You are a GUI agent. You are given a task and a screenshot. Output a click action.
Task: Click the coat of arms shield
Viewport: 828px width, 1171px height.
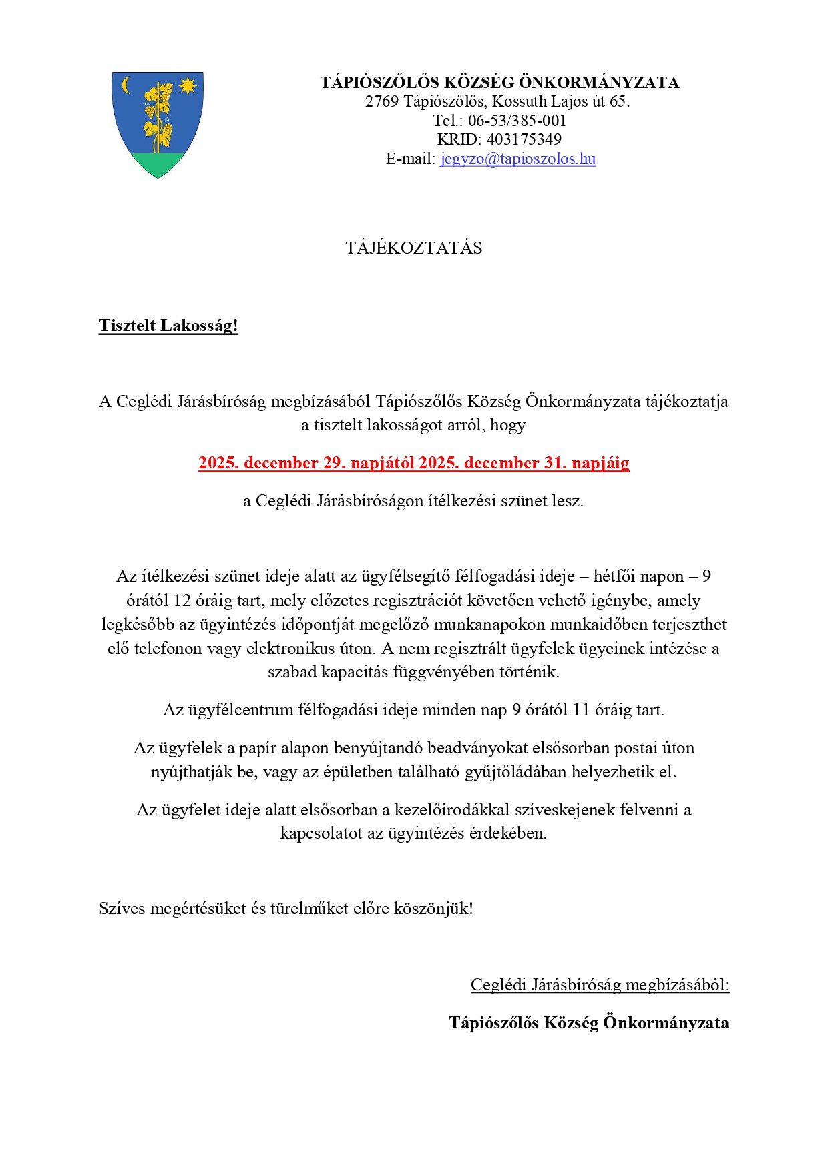(x=158, y=124)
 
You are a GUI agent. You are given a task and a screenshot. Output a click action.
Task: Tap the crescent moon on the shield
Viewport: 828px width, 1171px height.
(x=126, y=85)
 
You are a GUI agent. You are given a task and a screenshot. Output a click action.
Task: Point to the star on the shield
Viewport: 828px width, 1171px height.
(x=188, y=85)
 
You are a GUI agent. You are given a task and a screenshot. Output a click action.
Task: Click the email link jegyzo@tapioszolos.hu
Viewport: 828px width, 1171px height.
(x=517, y=159)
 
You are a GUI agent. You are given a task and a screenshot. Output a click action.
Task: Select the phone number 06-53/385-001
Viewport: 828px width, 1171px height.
(x=517, y=121)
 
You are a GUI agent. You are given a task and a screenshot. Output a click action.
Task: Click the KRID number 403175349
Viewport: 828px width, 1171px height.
(x=524, y=140)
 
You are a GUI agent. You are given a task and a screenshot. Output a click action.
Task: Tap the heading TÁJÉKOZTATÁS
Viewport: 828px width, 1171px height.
(x=414, y=248)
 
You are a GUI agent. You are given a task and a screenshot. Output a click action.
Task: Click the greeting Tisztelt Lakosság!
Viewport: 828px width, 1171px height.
(x=168, y=326)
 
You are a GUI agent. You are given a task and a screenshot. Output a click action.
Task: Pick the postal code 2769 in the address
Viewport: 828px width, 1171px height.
(x=382, y=102)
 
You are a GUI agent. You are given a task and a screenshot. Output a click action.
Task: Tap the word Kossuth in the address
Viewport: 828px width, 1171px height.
(x=516, y=102)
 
